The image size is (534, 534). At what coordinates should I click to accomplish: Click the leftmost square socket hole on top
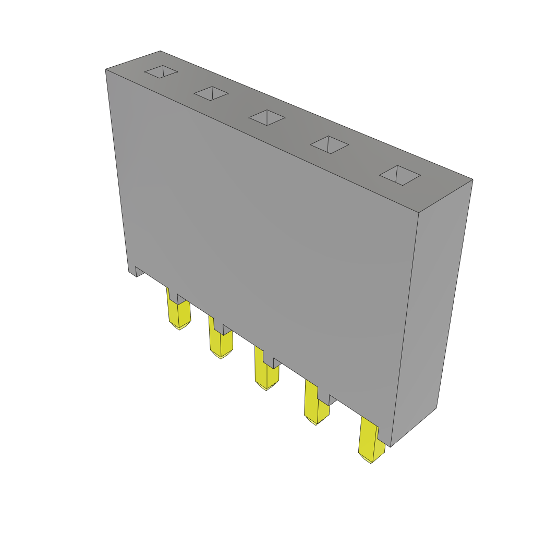click(x=161, y=72)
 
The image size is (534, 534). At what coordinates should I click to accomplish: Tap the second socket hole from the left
click(x=211, y=93)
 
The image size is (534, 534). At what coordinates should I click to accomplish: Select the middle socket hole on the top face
click(x=267, y=117)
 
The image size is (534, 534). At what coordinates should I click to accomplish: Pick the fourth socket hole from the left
click(x=329, y=144)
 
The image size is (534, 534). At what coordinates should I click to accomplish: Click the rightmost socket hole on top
click(x=400, y=175)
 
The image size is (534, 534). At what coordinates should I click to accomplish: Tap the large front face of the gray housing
click(x=261, y=235)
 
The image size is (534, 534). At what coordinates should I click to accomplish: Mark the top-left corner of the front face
click(x=106, y=69)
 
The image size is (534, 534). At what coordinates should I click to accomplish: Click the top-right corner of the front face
click(x=419, y=213)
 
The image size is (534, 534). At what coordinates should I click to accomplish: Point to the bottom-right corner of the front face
click(x=391, y=446)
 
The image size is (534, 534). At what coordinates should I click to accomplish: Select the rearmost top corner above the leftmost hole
click(x=160, y=51)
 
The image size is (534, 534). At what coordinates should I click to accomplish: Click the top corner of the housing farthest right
click(x=472, y=179)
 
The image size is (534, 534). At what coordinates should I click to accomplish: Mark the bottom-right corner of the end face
click(x=436, y=408)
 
